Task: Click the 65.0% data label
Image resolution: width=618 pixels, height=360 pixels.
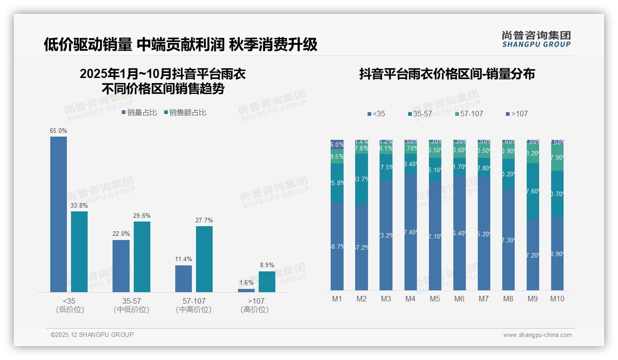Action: [x=59, y=131]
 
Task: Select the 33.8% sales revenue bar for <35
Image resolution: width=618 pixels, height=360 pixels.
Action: [x=79, y=252]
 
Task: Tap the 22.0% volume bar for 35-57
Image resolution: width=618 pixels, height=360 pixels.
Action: [x=121, y=266]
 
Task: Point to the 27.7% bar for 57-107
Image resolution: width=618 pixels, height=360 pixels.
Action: [x=204, y=259]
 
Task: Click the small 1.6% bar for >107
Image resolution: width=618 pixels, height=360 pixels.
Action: [x=246, y=290]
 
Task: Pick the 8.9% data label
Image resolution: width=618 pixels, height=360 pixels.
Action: [x=267, y=265]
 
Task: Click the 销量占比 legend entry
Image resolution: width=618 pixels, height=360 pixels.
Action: [x=139, y=113]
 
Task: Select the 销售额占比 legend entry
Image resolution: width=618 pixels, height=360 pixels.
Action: [x=185, y=113]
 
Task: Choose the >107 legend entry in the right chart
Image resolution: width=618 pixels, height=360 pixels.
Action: [x=517, y=114]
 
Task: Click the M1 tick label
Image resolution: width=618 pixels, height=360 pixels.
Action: [x=337, y=299]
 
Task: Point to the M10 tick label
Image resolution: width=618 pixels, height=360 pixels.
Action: [x=557, y=299]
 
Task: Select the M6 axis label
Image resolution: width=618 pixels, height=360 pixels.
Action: [x=459, y=299]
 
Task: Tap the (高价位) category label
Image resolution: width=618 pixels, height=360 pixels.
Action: [x=255, y=310]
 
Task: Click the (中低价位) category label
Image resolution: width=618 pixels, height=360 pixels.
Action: [x=131, y=310]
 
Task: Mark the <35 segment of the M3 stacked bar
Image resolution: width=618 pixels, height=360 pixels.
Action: [x=386, y=235]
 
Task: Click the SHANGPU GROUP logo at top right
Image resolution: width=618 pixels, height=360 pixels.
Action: [x=536, y=39]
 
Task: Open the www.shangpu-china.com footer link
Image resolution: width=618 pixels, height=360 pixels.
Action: [x=537, y=335]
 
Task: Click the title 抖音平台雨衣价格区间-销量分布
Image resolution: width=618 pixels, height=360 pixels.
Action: [x=447, y=74]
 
